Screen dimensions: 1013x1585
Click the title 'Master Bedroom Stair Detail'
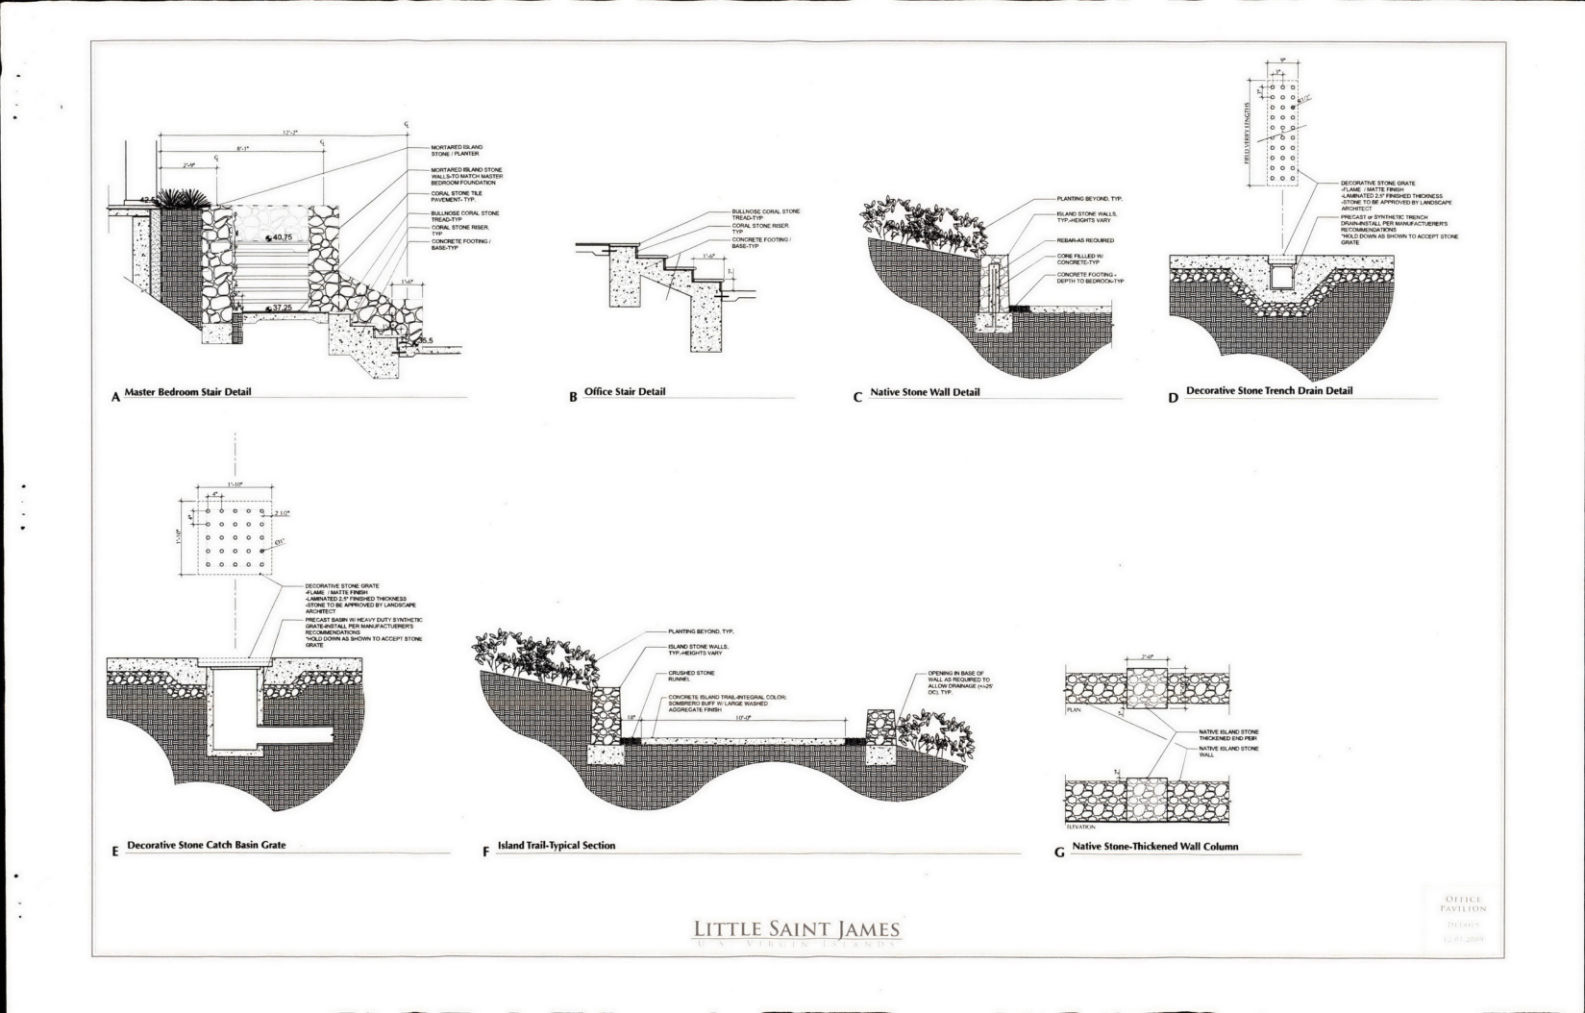[x=187, y=391]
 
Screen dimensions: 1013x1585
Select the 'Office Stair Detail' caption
[x=624, y=391]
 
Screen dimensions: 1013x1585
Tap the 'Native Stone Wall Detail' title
[x=925, y=392]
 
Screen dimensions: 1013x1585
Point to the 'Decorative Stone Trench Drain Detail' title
[x=1269, y=391]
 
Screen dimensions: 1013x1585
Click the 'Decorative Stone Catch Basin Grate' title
[x=206, y=846]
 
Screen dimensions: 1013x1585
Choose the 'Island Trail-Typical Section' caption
[x=556, y=846]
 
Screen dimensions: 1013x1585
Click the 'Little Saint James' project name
[x=797, y=929]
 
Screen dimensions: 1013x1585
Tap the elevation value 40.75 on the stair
[x=282, y=237]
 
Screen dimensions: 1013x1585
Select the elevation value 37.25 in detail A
[x=282, y=309]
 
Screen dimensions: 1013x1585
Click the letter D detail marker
[x=1173, y=397]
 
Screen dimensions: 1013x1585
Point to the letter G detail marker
[x=1059, y=852]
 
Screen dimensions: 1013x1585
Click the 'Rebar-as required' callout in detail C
[x=1085, y=240]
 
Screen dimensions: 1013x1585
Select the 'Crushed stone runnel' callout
[x=691, y=676]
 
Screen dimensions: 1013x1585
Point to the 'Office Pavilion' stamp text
[x=1463, y=903]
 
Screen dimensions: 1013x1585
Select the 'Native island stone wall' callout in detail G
[x=1227, y=751]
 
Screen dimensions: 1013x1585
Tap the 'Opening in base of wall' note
[x=955, y=682]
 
